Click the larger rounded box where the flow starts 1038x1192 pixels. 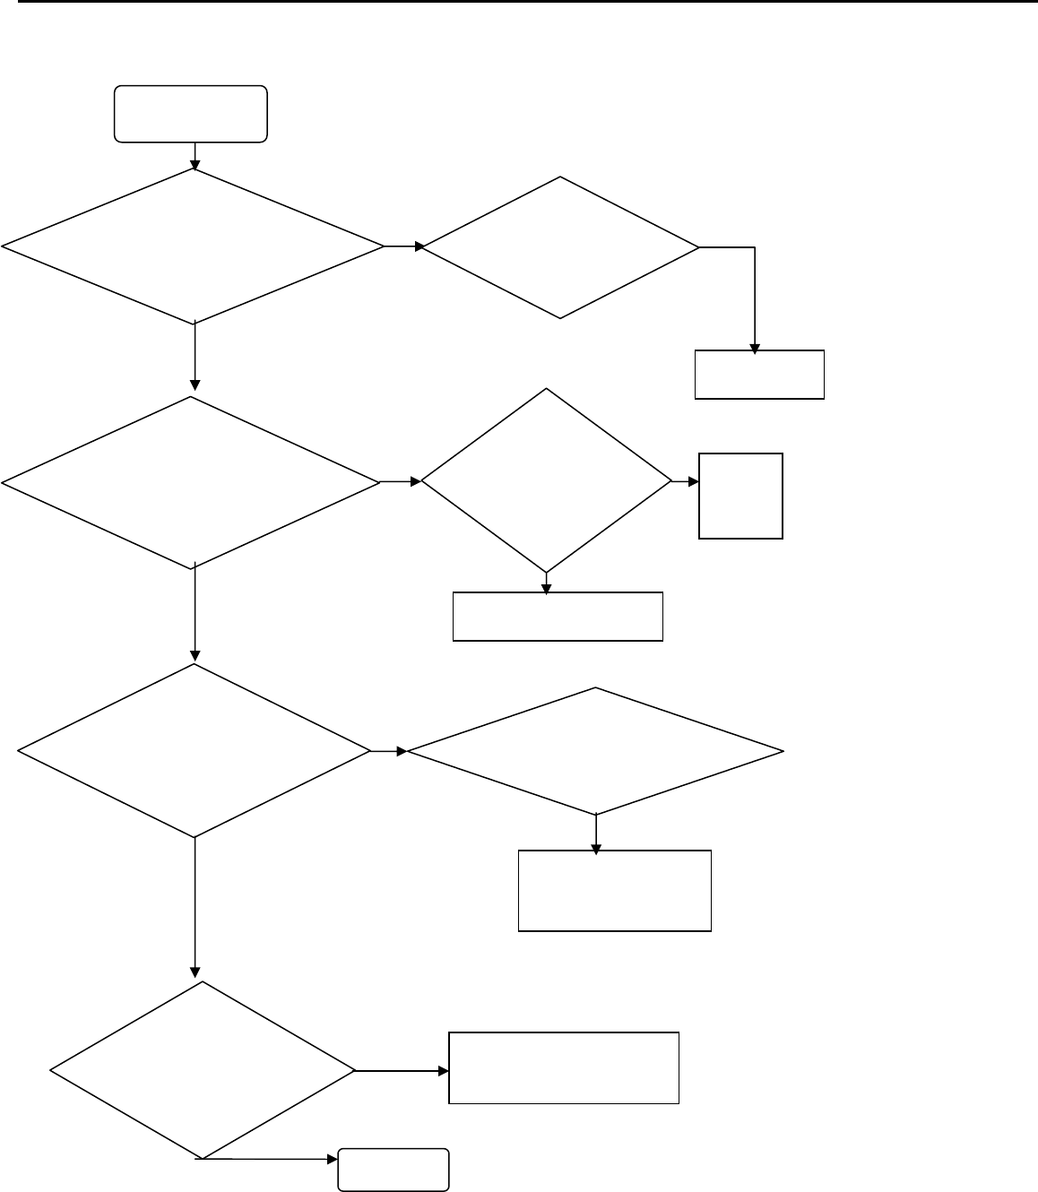[191, 114]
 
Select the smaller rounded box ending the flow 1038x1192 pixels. [394, 1170]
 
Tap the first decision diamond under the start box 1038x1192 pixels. [194, 246]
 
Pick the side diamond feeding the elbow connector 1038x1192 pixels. [560, 247]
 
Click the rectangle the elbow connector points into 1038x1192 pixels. [759, 375]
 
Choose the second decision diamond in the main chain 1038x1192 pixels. [192, 482]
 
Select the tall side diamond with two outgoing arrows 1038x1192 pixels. [546, 481]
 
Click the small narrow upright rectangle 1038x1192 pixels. [740, 496]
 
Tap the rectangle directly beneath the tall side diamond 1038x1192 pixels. [558, 617]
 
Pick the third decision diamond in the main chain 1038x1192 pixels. [194, 751]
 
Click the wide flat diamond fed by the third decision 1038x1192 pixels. [595, 751]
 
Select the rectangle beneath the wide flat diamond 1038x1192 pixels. [615, 891]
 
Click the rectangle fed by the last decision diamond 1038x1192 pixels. [564, 1067]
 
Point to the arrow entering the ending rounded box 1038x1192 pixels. [269, 1160]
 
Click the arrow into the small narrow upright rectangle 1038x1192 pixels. [686, 482]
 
